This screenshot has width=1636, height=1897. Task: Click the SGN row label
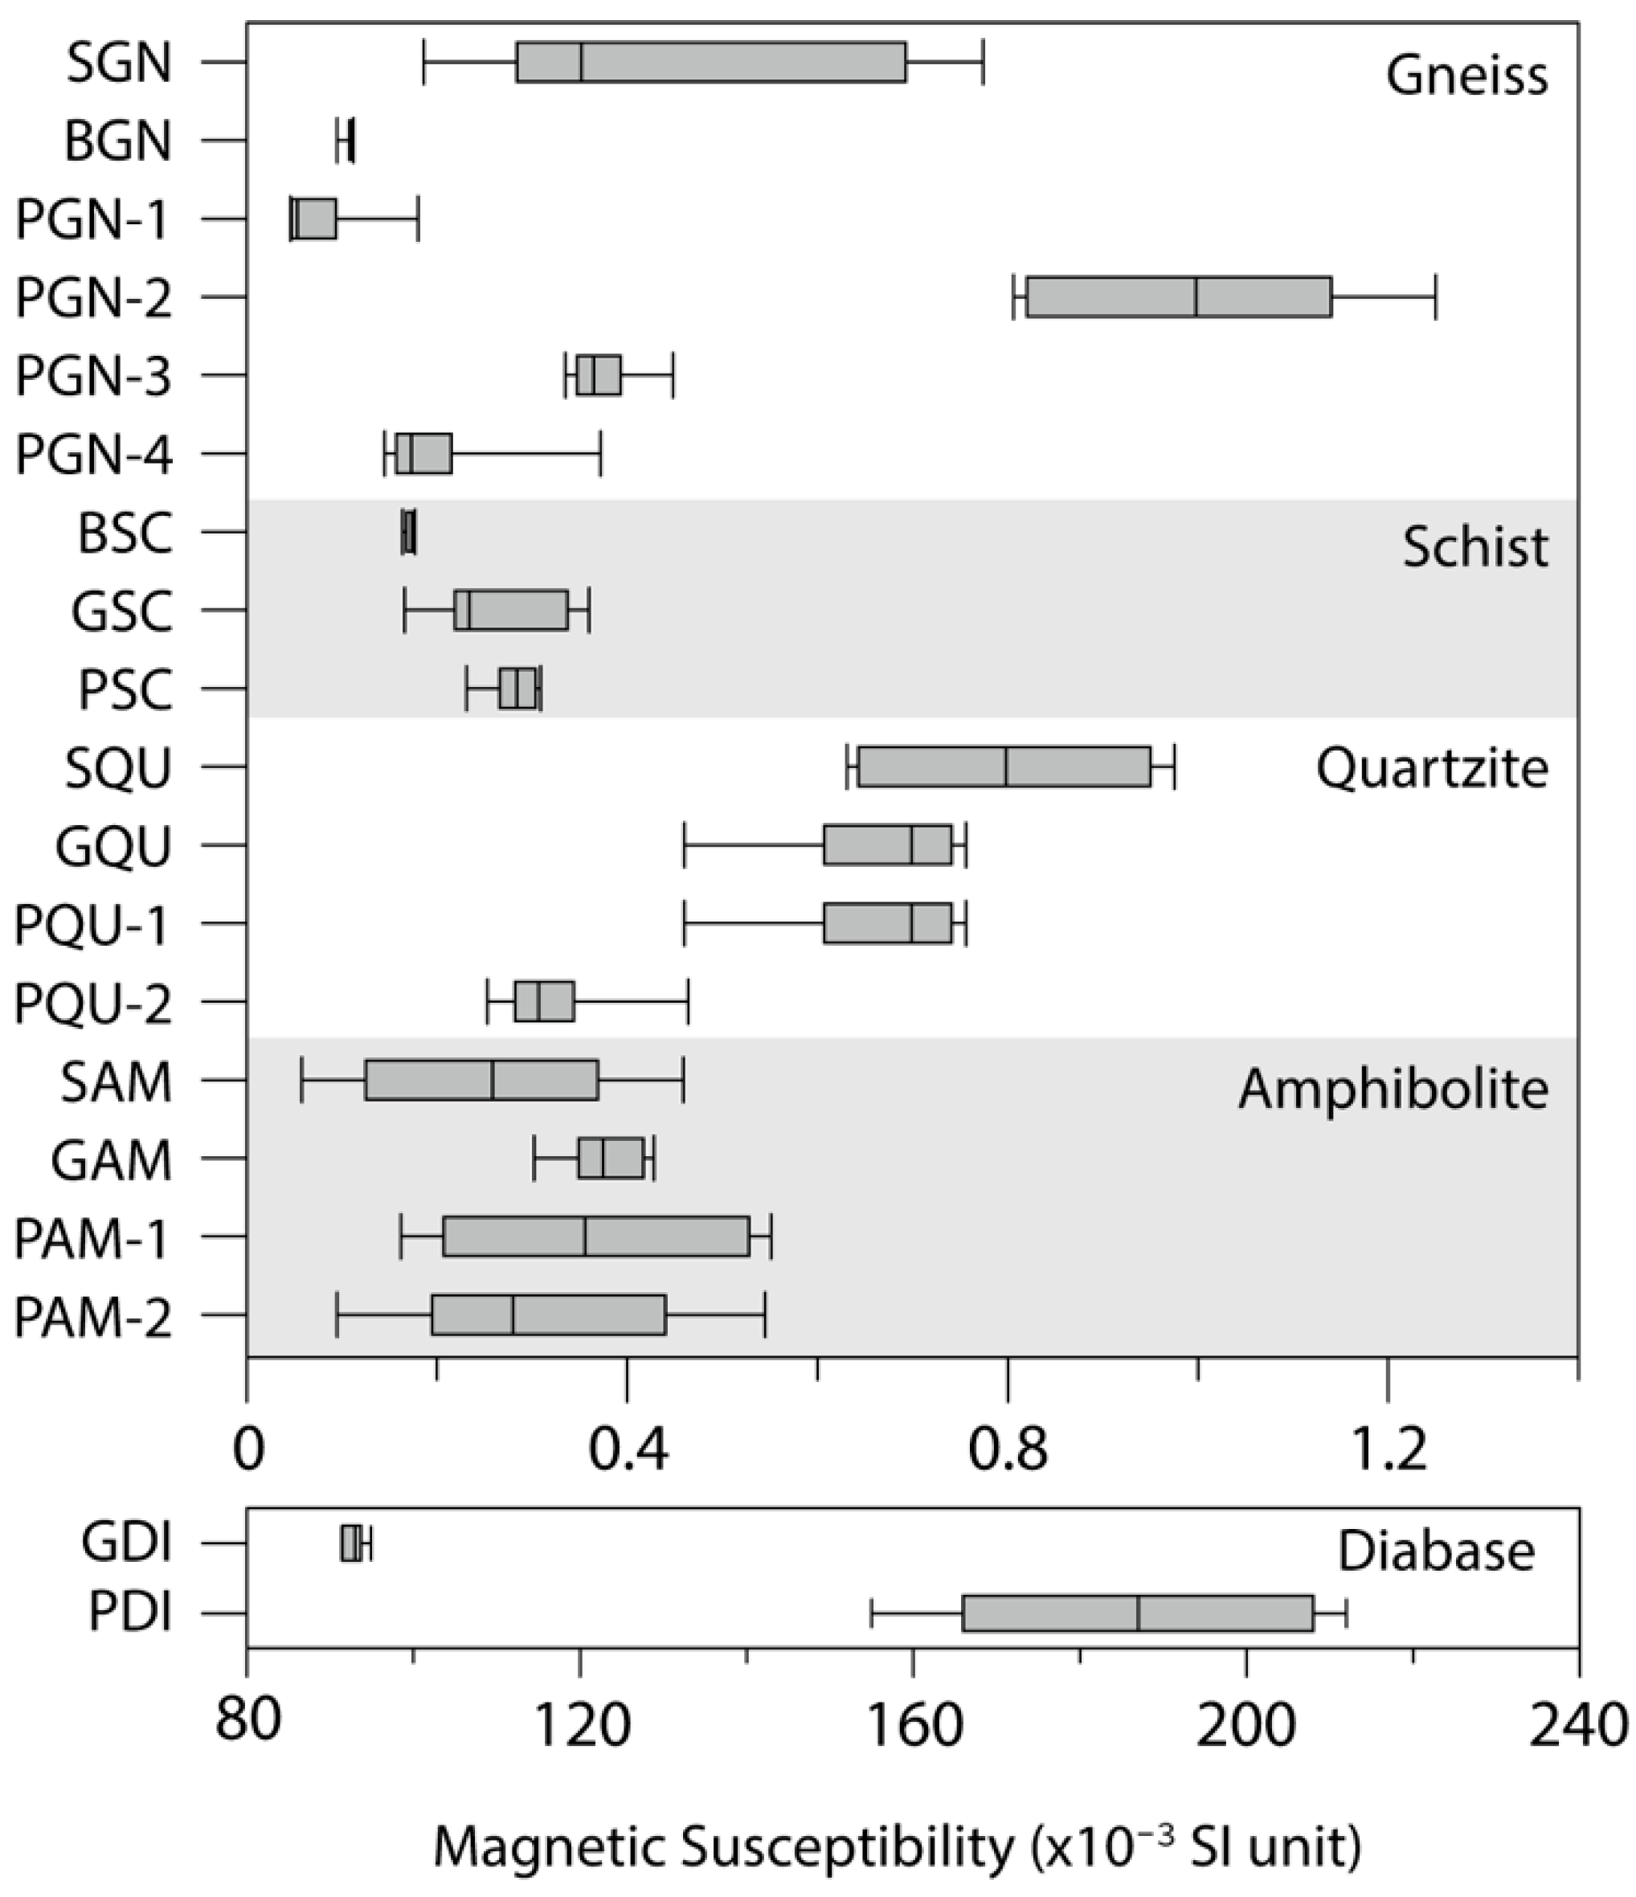[x=119, y=64]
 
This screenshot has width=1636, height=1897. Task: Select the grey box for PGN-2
[x=1178, y=296]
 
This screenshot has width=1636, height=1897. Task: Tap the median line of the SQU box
[x=1006, y=767]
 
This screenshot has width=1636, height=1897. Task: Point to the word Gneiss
[x=1466, y=75]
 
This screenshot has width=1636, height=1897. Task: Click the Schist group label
[x=1474, y=547]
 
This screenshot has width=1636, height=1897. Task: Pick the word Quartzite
[x=1432, y=768]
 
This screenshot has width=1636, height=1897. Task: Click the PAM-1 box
[x=596, y=1236]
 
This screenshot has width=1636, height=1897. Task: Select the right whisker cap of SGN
[x=984, y=62]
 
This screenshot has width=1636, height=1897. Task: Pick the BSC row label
[x=125, y=534]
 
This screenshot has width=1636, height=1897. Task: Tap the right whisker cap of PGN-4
[x=600, y=454]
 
